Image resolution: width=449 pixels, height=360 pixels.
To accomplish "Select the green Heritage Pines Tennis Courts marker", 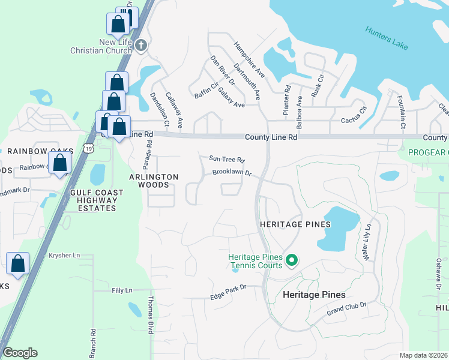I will pos(292,260).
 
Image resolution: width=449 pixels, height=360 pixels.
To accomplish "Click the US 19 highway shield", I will pos(89,148).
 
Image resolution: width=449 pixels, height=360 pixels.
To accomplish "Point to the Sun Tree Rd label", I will pos(227,160).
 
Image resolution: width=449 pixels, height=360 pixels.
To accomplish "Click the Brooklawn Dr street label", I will pos(231,174).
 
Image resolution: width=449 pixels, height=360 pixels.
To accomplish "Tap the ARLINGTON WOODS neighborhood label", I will pos(154,181).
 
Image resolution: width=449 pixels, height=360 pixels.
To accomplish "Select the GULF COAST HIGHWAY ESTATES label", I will pos(96,200).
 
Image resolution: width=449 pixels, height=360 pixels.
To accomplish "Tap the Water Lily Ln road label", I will pos(368,241).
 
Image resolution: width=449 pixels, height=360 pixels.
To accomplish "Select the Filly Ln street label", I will pos(122,290).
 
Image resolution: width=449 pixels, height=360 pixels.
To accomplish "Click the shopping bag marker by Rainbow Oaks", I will pos(59,163).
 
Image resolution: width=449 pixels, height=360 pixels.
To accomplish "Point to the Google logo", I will pos(20,353).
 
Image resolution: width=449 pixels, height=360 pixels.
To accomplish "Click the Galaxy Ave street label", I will pos(231,97).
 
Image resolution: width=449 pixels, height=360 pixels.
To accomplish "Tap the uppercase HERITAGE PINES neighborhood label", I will pos(295,224).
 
